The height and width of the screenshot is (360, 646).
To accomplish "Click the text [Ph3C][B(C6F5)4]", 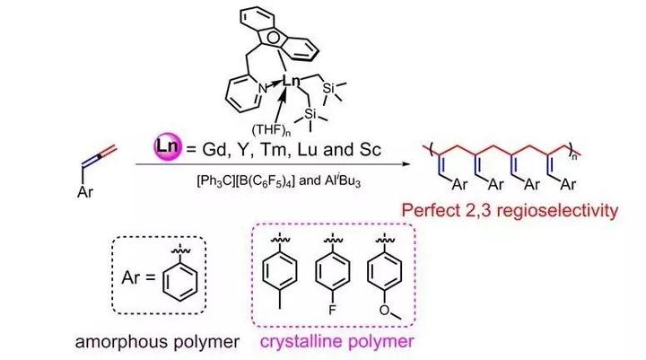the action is (239, 179).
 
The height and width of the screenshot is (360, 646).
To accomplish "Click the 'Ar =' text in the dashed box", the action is (135, 273).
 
